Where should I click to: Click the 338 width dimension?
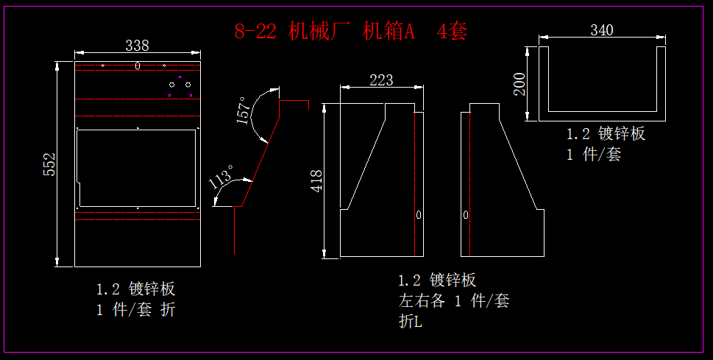pos(137,46)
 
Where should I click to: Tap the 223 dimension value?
pos(380,80)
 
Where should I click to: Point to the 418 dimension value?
pos(316,181)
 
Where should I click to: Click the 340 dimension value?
pos(602,30)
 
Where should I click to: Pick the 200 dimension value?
pos(520,84)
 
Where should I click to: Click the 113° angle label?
pos(221,178)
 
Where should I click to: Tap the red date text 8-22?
pos(255,32)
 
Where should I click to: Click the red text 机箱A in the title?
pos(389,32)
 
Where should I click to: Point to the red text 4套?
pos(452,32)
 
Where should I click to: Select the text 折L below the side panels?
pos(411,322)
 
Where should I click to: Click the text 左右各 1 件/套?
pos(453,301)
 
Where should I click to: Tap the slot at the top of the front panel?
pos(138,66)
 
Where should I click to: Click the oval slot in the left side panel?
pos(419,215)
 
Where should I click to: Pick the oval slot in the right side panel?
pos(465,215)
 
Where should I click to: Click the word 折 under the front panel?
pos(168,310)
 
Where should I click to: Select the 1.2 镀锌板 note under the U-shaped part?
pos(606,134)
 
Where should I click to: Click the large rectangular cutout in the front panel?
pos(138,168)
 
